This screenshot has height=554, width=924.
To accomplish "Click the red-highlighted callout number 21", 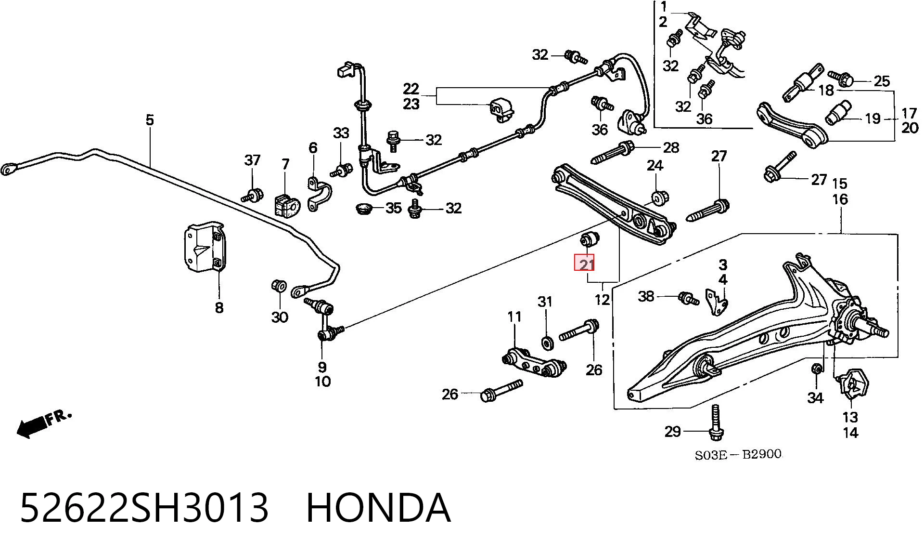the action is coord(585,264).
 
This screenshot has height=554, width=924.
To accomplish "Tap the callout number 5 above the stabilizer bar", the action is coord(150,120).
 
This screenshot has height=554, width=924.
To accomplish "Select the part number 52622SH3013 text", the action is coord(144,507).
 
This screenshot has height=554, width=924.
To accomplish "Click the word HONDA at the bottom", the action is coord(378,507).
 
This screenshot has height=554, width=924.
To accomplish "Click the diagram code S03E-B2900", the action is coord(738,454).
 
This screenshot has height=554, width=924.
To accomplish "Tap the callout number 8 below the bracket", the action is coord(219,307).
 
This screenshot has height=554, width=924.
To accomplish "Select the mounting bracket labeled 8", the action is coord(205,247).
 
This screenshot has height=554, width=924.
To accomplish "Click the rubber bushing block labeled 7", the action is coord(286,205).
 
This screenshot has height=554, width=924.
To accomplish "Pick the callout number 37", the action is coord(253,159).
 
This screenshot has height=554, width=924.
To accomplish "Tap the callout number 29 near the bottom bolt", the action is coord(672,431).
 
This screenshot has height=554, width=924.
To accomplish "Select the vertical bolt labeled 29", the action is coord(716,422).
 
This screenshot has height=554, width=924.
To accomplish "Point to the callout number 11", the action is coord(514,317).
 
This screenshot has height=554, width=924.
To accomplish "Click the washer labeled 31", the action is coord(547,343).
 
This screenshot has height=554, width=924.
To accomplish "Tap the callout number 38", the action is coord(646,296).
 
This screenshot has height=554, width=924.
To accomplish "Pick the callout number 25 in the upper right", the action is coord(881,81).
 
